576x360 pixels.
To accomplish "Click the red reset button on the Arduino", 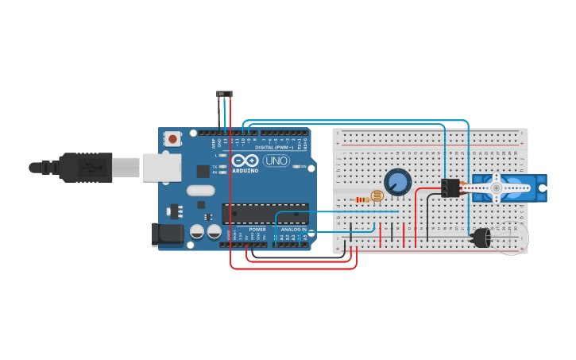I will (172, 139).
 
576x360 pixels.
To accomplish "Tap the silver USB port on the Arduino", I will (161, 168).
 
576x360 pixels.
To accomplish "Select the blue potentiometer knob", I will (397, 182).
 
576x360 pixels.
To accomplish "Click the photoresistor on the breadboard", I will (377, 195).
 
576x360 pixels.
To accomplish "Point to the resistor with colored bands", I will (361, 199).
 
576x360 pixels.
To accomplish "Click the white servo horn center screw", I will (497, 188).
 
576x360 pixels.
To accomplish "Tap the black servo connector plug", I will (450, 188).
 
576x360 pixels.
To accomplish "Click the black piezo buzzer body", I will (481, 238).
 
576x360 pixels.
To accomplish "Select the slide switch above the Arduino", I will (225, 94).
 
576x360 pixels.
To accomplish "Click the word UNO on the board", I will (276, 161).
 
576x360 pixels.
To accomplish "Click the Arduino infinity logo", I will (245, 161).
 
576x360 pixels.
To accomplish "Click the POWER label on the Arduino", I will (257, 229).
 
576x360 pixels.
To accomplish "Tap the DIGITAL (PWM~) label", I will (274, 148).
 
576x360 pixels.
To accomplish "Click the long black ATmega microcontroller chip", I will (265, 213).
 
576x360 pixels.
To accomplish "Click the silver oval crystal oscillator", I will (201, 191).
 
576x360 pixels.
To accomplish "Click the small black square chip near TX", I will (203, 170).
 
